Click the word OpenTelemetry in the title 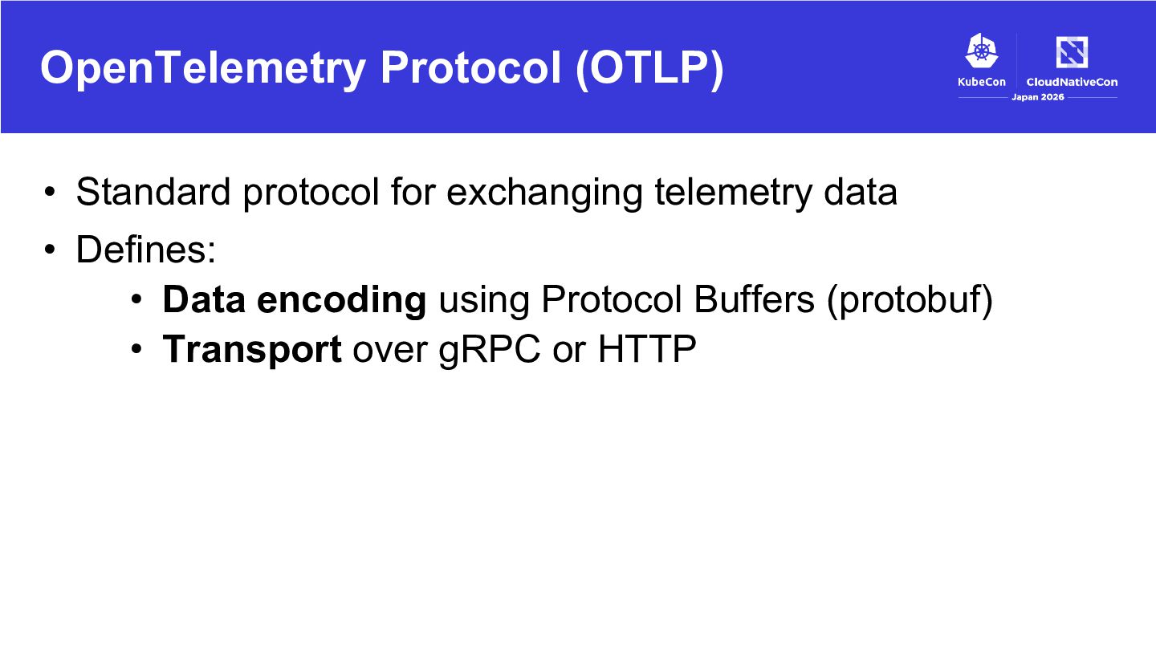pyautogui.click(x=203, y=68)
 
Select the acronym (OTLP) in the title pyautogui.click(x=649, y=68)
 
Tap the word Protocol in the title pyautogui.click(x=471, y=67)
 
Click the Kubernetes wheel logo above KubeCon pyautogui.click(x=982, y=51)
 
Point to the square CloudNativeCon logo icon pyautogui.click(x=1072, y=51)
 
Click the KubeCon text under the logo pyautogui.click(x=982, y=82)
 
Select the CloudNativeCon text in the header pyautogui.click(x=1072, y=82)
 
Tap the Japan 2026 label pyautogui.click(x=1038, y=97)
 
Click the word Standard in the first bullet pyautogui.click(x=153, y=192)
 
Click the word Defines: pyautogui.click(x=146, y=250)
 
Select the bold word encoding pyautogui.click(x=342, y=301)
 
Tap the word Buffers pyautogui.click(x=754, y=299)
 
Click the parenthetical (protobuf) pyautogui.click(x=910, y=301)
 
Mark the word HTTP pyautogui.click(x=647, y=349)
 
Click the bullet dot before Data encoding pyautogui.click(x=136, y=300)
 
